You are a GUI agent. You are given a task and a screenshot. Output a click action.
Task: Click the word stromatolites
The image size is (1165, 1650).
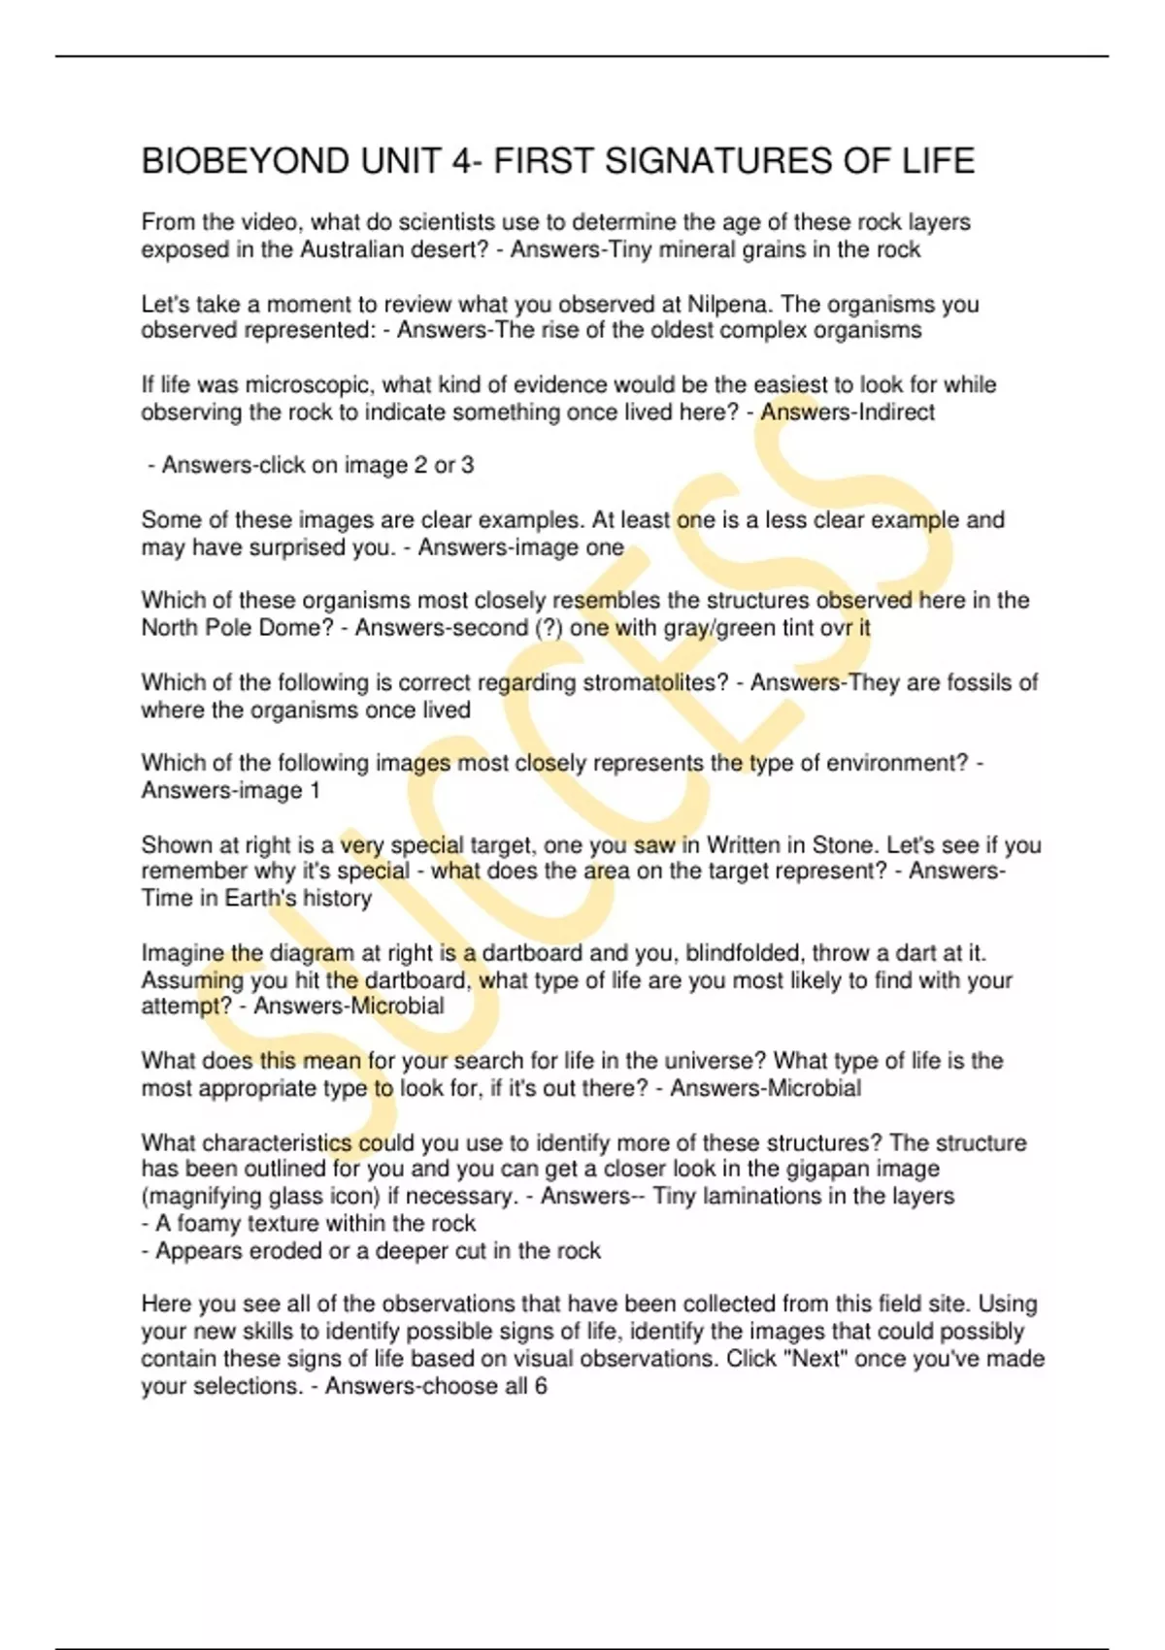pos(655,682)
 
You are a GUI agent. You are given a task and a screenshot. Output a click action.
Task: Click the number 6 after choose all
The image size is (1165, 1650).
pos(541,1386)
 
